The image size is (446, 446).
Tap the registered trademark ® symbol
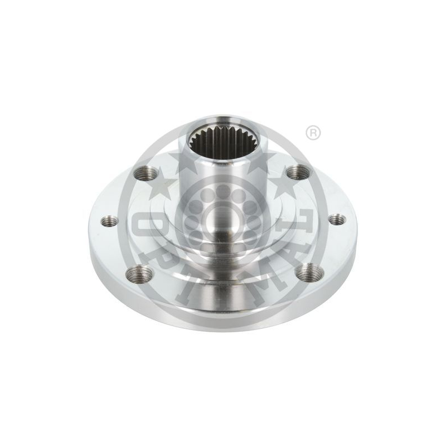tap(313, 133)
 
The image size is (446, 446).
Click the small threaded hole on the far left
tap(110, 221)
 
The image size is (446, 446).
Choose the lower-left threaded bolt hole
tap(139, 273)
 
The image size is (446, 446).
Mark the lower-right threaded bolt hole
tap(309, 272)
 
